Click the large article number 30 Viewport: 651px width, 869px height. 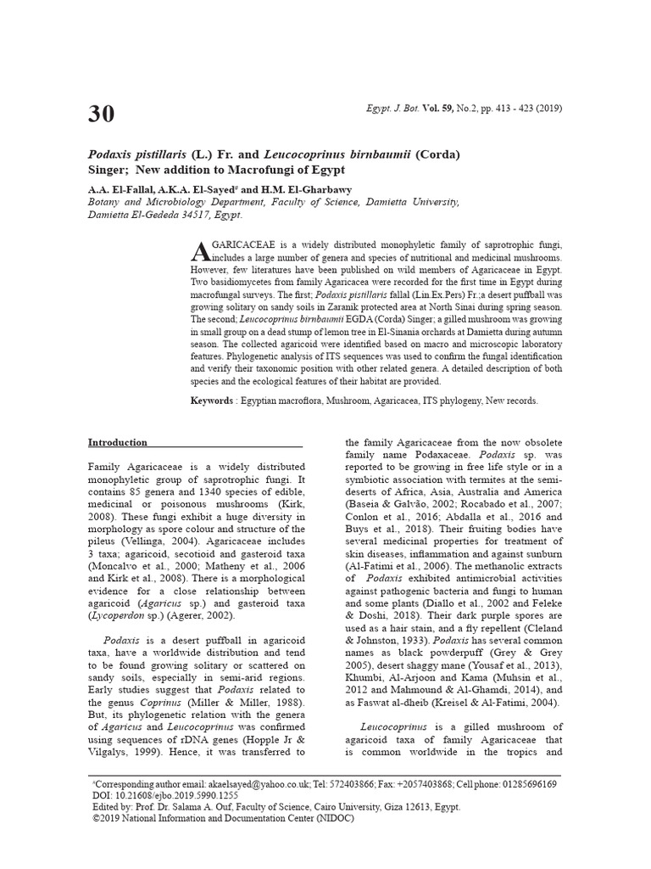101,115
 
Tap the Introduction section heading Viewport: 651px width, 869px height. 118,442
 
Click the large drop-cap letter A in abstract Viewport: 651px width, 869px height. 199,251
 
